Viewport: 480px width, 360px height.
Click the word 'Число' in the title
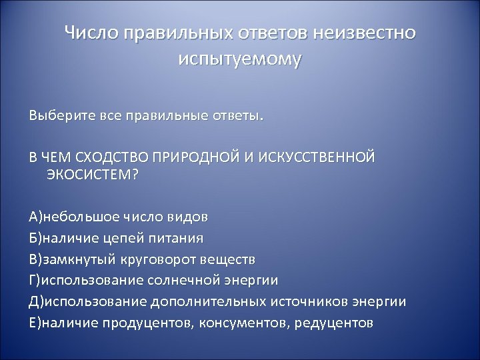(x=89, y=33)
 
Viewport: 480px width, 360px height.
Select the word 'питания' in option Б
(x=179, y=237)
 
